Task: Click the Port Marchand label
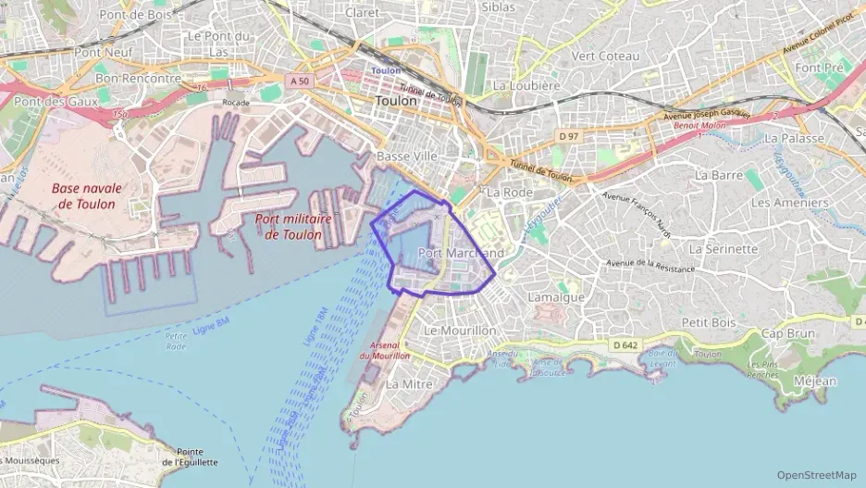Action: tap(461, 253)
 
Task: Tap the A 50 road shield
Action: tap(299, 81)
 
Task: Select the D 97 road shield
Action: tap(567, 137)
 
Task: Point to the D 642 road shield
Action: tap(625, 344)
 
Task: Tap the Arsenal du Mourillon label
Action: tap(384, 349)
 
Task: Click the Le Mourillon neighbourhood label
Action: tap(460, 330)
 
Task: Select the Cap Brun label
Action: tap(788, 333)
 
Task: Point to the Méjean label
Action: tap(814, 381)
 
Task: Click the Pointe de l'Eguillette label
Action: tap(190, 456)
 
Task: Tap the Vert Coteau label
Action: tap(606, 56)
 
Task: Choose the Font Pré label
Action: tap(820, 68)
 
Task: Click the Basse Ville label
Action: tap(407, 156)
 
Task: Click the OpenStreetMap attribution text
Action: tap(817, 475)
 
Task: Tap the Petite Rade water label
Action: tap(175, 341)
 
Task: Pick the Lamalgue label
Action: tap(556, 297)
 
